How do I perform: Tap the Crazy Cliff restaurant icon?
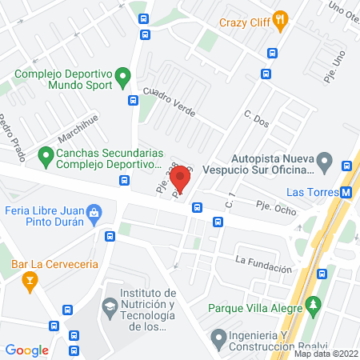280,21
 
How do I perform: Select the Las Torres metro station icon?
346,192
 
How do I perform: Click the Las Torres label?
313,192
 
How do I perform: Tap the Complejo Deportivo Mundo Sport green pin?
122,78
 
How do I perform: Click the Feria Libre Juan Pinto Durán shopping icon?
94,213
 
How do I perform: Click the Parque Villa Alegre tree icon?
315,305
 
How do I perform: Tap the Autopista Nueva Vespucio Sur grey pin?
324,164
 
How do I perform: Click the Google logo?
26,350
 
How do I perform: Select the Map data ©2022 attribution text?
326,354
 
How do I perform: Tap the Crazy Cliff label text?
243,21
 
